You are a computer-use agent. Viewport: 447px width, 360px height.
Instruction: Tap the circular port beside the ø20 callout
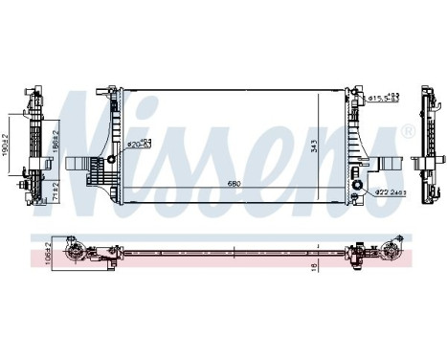click(112, 157)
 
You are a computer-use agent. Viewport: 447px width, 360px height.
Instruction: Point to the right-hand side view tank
click(422, 144)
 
